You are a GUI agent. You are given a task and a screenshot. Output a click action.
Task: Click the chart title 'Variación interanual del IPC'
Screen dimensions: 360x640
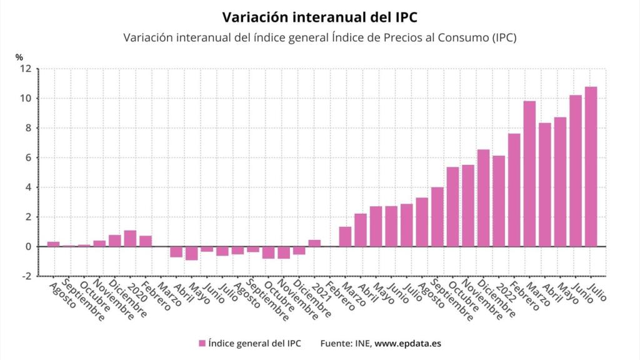tap(320, 15)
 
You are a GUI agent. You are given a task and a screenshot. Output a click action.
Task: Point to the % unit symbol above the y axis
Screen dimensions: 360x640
tap(19, 57)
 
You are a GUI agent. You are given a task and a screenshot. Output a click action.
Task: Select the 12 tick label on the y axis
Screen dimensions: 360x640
tap(25, 69)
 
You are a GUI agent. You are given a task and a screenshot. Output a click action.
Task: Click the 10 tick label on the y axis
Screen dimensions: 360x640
tap(25, 98)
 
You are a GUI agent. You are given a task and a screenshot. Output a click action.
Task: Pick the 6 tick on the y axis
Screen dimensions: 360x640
tap(28, 157)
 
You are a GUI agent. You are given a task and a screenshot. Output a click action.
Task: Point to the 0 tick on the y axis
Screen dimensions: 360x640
tap(28, 247)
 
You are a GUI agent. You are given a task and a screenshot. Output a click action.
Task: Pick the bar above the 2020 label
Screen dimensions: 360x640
tap(130, 239)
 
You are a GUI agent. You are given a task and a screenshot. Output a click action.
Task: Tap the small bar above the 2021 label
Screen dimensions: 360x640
tap(314, 243)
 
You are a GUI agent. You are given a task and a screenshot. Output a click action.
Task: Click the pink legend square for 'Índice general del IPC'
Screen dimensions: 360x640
tap(202, 343)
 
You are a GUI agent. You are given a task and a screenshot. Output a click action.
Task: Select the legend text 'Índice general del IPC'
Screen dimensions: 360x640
tap(254, 343)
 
